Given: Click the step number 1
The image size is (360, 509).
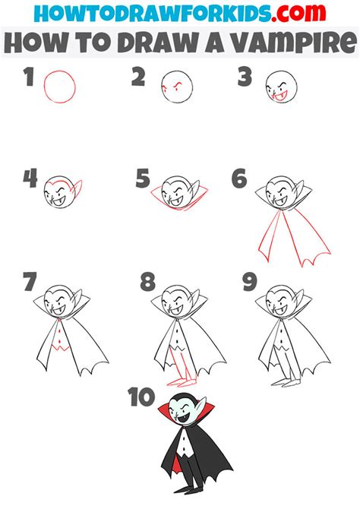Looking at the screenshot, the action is [x=29, y=77].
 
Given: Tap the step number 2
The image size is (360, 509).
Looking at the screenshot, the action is [x=138, y=77].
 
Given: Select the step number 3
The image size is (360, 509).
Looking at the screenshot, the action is [x=245, y=77].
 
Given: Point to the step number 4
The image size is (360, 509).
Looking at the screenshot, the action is [x=30, y=179].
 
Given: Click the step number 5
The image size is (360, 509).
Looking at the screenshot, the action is [x=143, y=179].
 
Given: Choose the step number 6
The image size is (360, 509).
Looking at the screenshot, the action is [x=239, y=179].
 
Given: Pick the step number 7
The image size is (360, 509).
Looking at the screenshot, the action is [x=30, y=281].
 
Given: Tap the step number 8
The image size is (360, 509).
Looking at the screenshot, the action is [x=147, y=281].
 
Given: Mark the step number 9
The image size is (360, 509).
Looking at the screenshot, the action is [x=250, y=281].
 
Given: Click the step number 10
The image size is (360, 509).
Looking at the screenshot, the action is [x=141, y=397].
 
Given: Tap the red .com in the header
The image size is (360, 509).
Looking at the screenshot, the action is [x=298, y=13].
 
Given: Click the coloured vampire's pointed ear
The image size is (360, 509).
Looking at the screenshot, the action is [x=201, y=405].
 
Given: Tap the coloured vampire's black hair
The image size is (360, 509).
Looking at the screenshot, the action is [x=184, y=397].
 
